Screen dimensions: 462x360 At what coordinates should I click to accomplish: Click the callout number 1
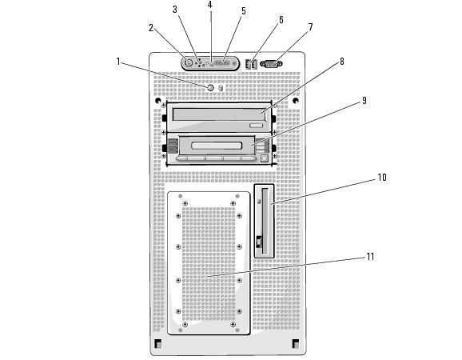pyautogui.click(x=118, y=62)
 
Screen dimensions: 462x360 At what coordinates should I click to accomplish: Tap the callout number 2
pyautogui.click(x=151, y=28)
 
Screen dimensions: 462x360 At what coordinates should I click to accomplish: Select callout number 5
pyautogui.click(x=244, y=11)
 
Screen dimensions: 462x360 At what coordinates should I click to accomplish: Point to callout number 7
pyautogui.click(x=310, y=27)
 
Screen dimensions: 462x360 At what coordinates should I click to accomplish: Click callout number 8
pyautogui.click(x=342, y=62)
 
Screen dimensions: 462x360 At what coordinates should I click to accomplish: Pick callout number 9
pyautogui.click(x=364, y=101)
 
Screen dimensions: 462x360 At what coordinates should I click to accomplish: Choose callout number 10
pyautogui.click(x=382, y=177)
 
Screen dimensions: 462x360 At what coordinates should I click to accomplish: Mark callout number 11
pyautogui.click(x=370, y=257)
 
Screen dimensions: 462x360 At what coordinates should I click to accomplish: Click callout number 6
pyautogui.click(x=281, y=20)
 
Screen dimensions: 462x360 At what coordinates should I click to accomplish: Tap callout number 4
pyautogui.click(x=209, y=5)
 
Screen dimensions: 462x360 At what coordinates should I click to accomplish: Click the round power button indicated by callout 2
pyautogui.click(x=189, y=63)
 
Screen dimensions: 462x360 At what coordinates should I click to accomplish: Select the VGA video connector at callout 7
pyautogui.click(x=271, y=64)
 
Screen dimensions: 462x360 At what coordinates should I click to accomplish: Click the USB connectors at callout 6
pyautogui.click(x=251, y=64)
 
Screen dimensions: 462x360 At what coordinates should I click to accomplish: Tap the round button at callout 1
pyautogui.click(x=211, y=87)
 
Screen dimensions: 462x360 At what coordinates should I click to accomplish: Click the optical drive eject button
pyautogui.click(x=256, y=126)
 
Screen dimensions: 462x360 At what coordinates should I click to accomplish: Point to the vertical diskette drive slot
pyautogui.click(x=265, y=221)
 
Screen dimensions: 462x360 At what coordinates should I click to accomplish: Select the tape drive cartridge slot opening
pyautogui.click(x=217, y=146)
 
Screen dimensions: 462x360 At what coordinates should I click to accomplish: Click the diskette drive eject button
pyautogui.click(x=259, y=242)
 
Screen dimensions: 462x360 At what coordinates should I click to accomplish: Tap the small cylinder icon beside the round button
pyautogui.click(x=221, y=88)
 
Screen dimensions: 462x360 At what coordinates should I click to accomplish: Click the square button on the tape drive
pyautogui.click(x=265, y=158)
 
